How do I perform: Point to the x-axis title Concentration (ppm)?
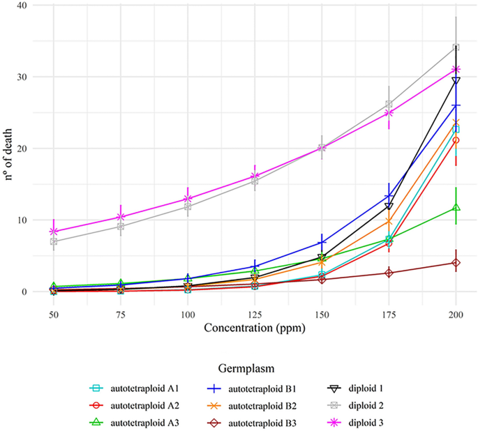(253, 326)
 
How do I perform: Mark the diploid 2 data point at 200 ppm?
(456, 47)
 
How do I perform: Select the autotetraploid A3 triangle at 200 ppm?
(456, 207)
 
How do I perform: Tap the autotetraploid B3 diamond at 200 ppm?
(456, 263)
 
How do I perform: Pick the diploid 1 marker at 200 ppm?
(456, 81)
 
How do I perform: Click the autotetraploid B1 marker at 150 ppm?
(322, 243)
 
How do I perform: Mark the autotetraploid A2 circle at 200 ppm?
(456, 140)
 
